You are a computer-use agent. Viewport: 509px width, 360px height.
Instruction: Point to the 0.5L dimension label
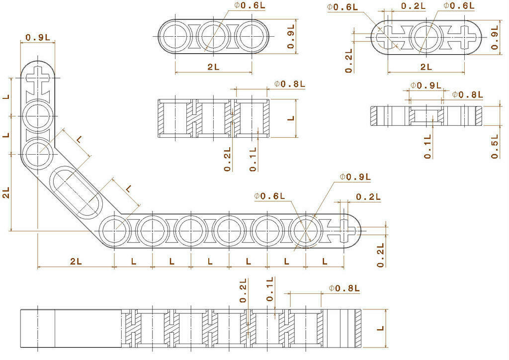click(495, 147)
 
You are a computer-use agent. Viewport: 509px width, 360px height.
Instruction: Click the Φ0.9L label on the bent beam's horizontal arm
click(355, 178)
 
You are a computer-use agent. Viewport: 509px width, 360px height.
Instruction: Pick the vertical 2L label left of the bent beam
click(6, 193)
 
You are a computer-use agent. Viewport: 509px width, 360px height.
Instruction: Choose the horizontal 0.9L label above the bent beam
click(38, 37)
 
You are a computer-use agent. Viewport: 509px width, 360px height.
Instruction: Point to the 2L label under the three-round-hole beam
click(213, 68)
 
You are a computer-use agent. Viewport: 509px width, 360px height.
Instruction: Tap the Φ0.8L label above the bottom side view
click(344, 288)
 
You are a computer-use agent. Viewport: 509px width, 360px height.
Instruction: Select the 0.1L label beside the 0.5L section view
click(428, 147)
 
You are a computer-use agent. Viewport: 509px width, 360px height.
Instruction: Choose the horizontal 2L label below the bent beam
click(76, 261)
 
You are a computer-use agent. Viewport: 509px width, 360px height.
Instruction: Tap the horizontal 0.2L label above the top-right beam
click(413, 6)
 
